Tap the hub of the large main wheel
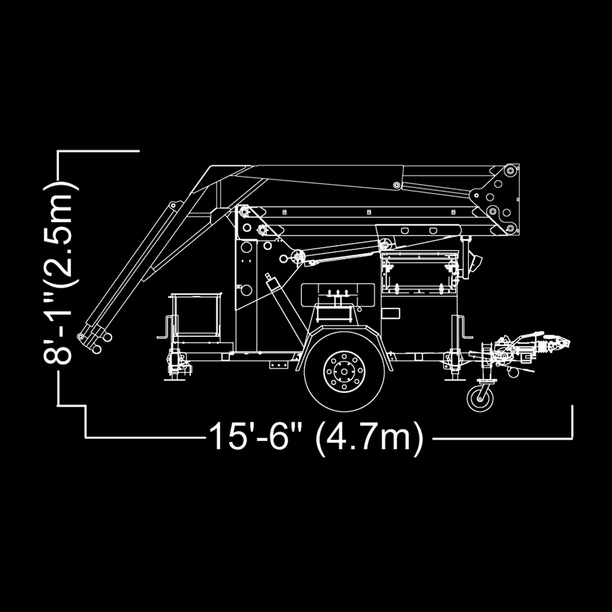click(344, 372)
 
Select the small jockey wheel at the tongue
click(480, 398)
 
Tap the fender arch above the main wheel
click(344, 334)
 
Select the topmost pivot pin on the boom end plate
click(511, 170)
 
